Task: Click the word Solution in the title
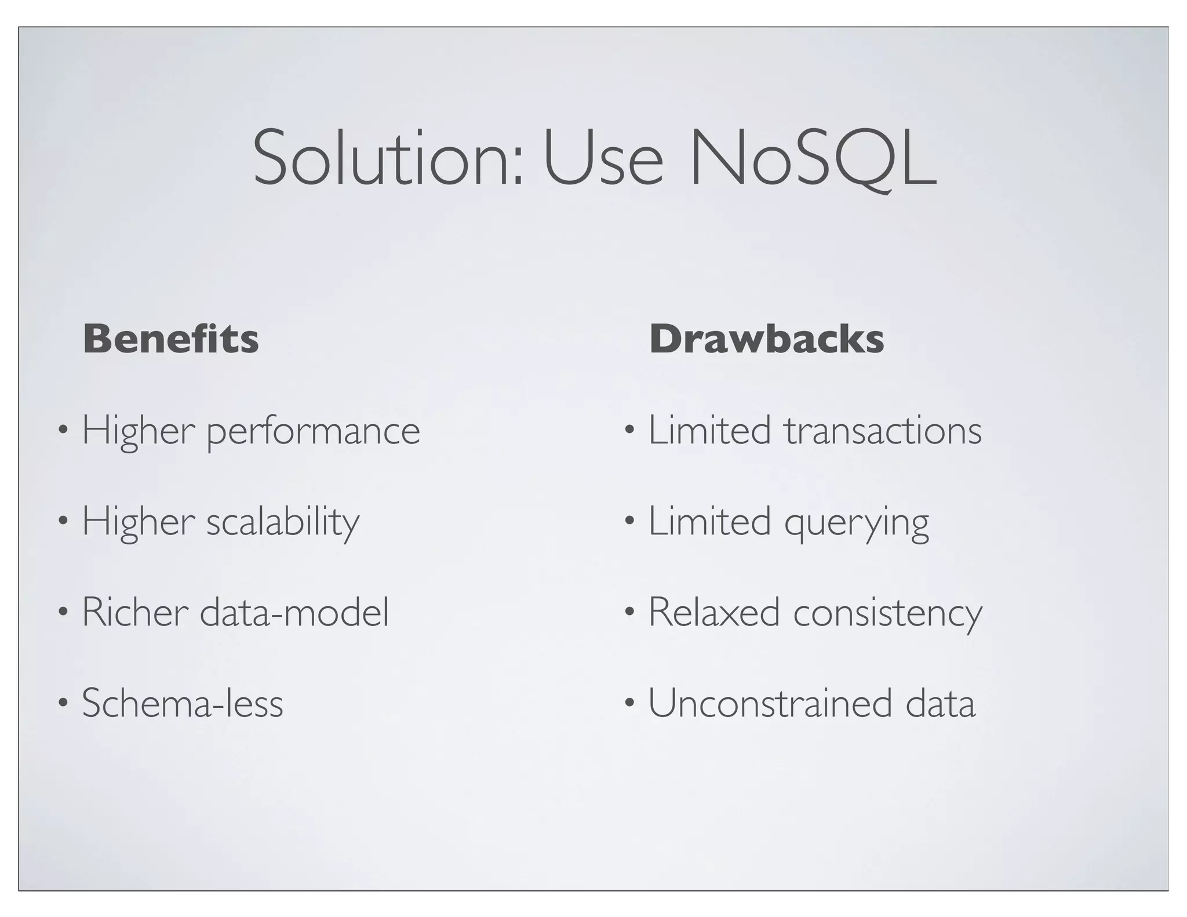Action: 387,158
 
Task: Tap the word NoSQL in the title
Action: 811,158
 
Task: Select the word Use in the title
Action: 603,158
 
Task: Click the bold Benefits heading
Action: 171,339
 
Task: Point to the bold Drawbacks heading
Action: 766,339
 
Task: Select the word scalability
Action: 283,522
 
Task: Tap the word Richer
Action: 135,612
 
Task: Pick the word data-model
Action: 294,612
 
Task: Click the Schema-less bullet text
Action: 183,703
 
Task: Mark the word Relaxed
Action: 713,612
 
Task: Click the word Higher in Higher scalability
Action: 138,522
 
